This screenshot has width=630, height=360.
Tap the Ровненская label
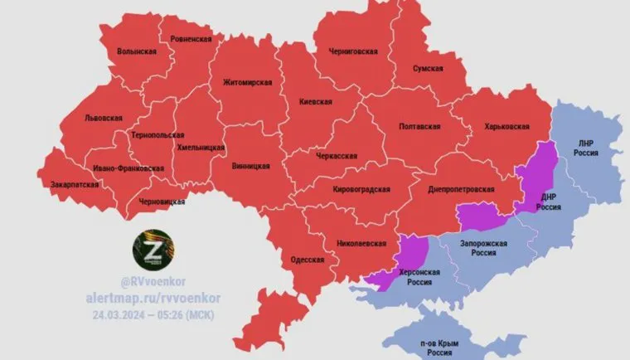[x=191, y=38]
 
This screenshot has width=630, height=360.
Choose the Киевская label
[x=316, y=101]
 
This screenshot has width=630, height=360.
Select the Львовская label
[x=104, y=119]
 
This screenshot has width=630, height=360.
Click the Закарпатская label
[x=75, y=184]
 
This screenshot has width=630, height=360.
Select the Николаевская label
[x=363, y=243]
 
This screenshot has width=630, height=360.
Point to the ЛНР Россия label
[x=585, y=148]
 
